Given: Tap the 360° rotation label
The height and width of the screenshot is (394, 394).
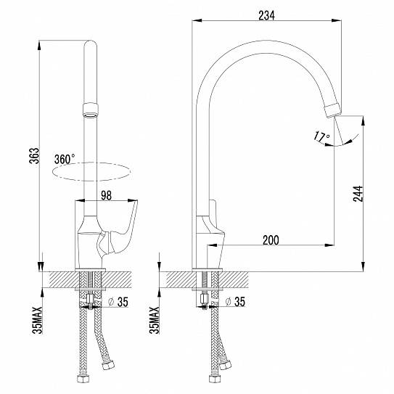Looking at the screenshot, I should [x=64, y=159].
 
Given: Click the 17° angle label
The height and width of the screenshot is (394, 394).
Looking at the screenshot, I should [x=321, y=136].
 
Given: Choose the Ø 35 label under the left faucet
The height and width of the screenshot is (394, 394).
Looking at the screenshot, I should [x=120, y=302].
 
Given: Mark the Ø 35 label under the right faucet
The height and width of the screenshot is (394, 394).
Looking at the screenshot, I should [x=237, y=302].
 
